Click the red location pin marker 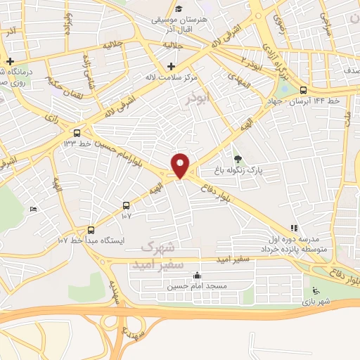coord(181,165)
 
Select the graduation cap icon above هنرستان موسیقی coord(179,9)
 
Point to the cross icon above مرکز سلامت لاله coord(171,66)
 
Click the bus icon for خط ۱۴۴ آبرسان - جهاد coord(303,90)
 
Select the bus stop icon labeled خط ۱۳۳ coord(77,132)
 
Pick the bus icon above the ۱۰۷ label coord(126,206)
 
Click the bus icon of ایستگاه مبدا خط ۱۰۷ coord(90,230)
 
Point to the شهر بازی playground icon coord(316,292)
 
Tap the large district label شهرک coord(157,248)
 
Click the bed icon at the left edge coord(34,209)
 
